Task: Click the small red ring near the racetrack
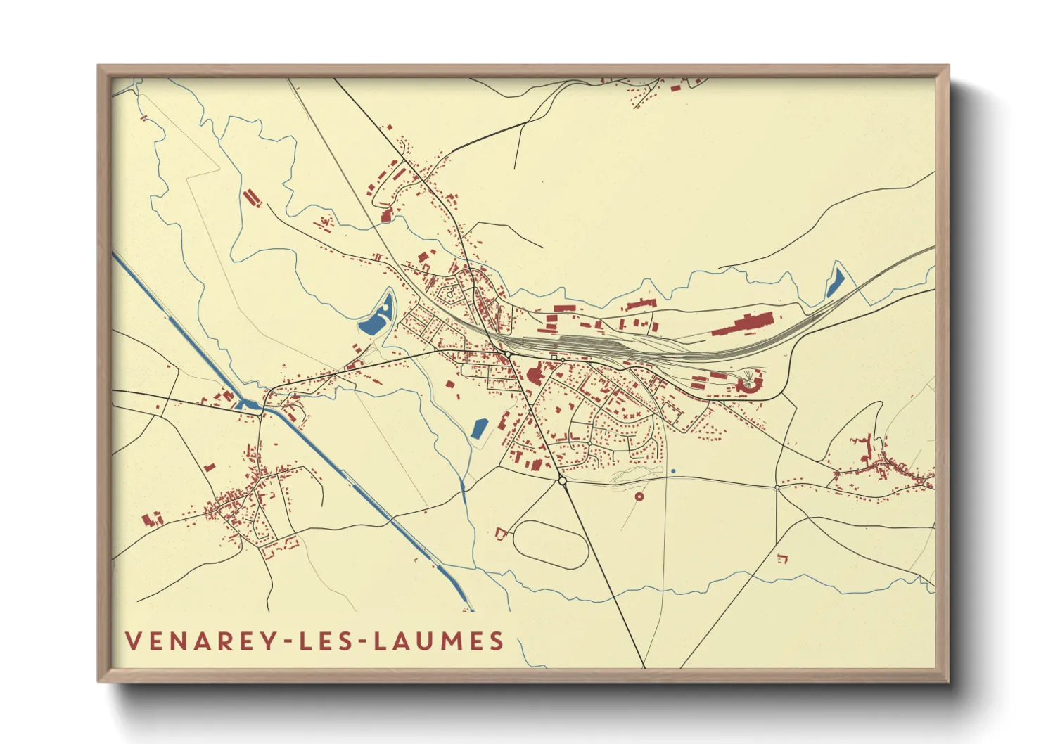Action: (x=639, y=496)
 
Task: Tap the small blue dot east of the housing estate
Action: (x=673, y=471)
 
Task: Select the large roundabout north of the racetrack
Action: (x=562, y=480)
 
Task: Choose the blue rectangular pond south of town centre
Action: (x=479, y=428)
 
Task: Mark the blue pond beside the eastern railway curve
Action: (x=835, y=283)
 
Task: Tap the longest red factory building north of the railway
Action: (x=746, y=325)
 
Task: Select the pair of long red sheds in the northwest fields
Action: (x=251, y=198)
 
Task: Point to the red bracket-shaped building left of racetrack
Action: (x=502, y=534)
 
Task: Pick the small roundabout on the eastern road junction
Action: (x=777, y=487)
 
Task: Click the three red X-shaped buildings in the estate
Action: (x=627, y=416)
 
